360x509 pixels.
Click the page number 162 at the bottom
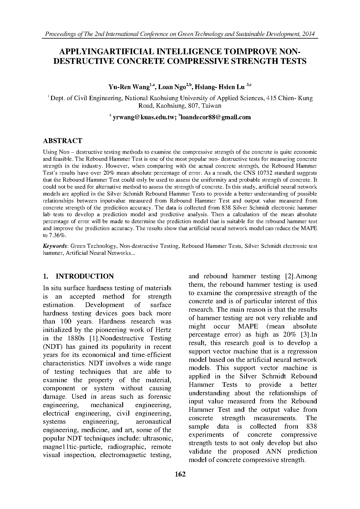(x=180, y=474)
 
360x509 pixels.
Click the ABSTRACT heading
(x=62, y=141)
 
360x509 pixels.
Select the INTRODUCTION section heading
(x=84, y=276)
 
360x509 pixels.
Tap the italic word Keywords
(x=55, y=246)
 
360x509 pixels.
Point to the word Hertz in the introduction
(x=163, y=330)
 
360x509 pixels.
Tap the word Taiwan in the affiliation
(x=212, y=106)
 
